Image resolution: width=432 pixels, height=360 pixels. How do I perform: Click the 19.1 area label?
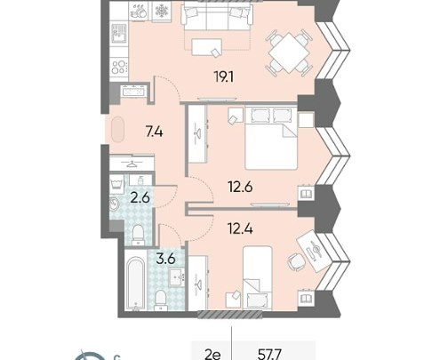pyautogui.click(x=223, y=77)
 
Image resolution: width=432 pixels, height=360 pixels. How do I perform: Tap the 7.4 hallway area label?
pyautogui.click(x=154, y=132)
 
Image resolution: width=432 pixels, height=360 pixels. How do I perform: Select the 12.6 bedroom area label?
pyautogui.click(x=240, y=187)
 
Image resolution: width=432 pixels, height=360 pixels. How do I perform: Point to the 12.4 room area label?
pyautogui.click(x=240, y=228)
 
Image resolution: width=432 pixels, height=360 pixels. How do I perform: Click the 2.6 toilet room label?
pyautogui.click(x=140, y=198)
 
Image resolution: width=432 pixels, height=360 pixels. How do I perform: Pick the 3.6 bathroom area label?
pyautogui.click(x=165, y=259)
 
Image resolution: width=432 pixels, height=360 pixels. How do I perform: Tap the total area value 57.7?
pyautogui.click(x=269, y=355)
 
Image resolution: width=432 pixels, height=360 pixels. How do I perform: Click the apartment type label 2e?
pyautogui.click(x=212, y=355)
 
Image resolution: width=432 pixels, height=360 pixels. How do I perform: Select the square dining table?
pyautogui.click(x=289, y=53)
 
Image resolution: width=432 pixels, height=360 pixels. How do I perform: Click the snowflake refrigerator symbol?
pyautogui.click(x=162, y=12)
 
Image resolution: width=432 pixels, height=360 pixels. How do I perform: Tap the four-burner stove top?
pyautogui.click(x=119, y=67)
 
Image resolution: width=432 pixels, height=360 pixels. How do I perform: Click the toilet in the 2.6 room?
pyautogui.click(x=138, y=235)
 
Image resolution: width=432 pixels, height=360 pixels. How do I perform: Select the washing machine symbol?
pyautogui.click(x=118, y=184)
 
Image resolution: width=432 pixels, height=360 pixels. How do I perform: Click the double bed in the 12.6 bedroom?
pyautogui.click(x=271, y=138)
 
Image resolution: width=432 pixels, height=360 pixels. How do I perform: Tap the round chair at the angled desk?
pyautogui.click(x=296, y=261)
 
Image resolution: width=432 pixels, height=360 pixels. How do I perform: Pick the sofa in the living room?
pyautogui.click(x=217, y=15)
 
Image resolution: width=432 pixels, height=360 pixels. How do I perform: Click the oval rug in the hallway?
pyautogui.click(x=117, y=130)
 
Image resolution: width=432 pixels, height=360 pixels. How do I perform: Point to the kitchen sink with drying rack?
pyautogui.click(x=119, y=34)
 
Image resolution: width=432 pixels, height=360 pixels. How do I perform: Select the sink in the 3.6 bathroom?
pyautogui.click(x=177, y=277)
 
